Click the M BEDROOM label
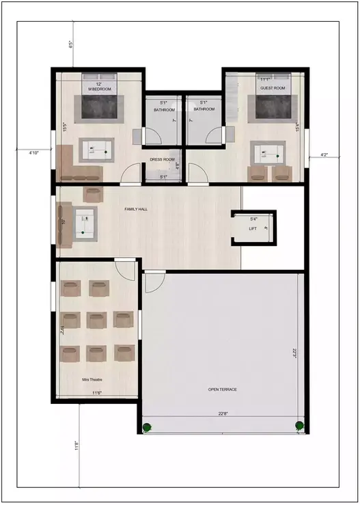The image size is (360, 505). (x=99, y=90)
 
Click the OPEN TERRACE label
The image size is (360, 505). (x=223, y=389)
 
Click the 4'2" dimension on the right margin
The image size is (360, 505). (x=324, y=155)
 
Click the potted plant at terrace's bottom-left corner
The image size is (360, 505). (x=146, y=428)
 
